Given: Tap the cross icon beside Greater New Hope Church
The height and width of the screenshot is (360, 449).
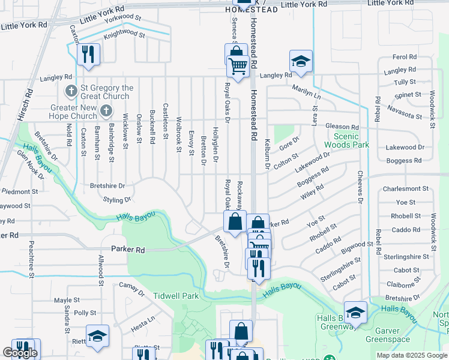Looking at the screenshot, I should (x=106, y=110).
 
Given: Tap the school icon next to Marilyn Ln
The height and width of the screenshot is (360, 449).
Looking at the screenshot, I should (x=301, y=61).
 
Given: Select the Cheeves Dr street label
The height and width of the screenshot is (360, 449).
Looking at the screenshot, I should (x=361, y=185).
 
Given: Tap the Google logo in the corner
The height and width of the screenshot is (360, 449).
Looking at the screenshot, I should (x=20, y=353).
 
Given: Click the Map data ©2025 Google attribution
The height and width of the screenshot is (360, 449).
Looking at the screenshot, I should (x=411, y=355).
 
